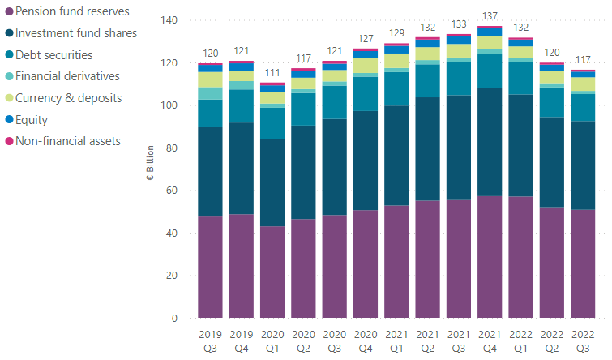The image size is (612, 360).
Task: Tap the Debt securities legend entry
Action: pyautogui.click(x=53, y=55)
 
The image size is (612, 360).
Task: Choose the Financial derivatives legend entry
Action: pyautogui.click(x=67, y=76)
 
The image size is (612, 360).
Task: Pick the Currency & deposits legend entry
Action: pyautogui.click(x=68, y=98)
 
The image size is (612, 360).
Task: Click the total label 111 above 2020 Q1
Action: pyautogui.click(x=273, y=73)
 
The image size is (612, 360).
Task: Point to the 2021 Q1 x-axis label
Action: pyautogui.click(x=396, y=340)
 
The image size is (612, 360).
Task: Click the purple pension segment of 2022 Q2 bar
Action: pyautogui.click(x=550, y=263)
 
